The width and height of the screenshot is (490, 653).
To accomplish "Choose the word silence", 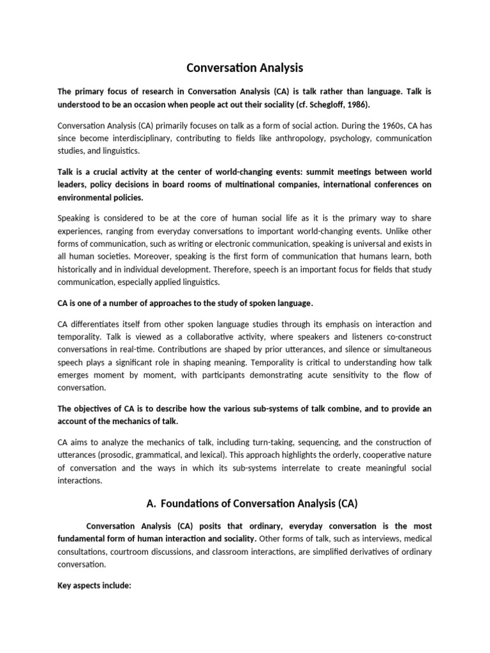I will (348, 349).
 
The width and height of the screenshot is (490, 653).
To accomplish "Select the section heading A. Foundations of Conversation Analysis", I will (252, 503).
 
